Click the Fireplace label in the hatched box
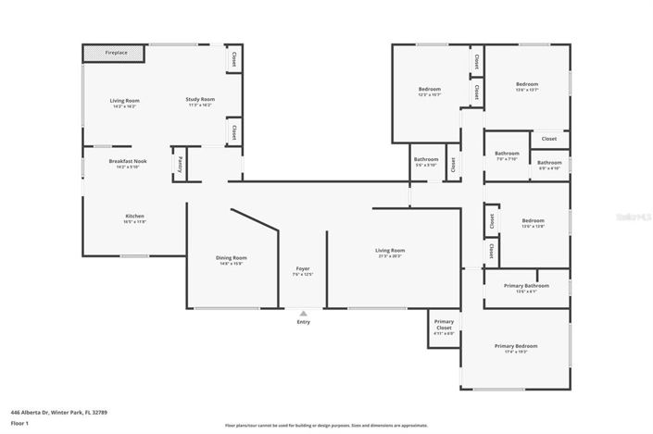116,53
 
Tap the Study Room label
200,99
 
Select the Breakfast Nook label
128,162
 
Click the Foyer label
303,268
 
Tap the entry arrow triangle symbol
303,314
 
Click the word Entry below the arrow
303,322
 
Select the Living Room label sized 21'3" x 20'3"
390,251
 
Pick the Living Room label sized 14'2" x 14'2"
124,100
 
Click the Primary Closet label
444,325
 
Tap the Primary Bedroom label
516,346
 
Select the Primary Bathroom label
526,286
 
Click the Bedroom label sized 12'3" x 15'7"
429,89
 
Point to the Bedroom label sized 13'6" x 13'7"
526,84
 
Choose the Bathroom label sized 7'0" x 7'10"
507,154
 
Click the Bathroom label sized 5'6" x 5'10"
426,159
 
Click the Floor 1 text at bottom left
19,423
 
